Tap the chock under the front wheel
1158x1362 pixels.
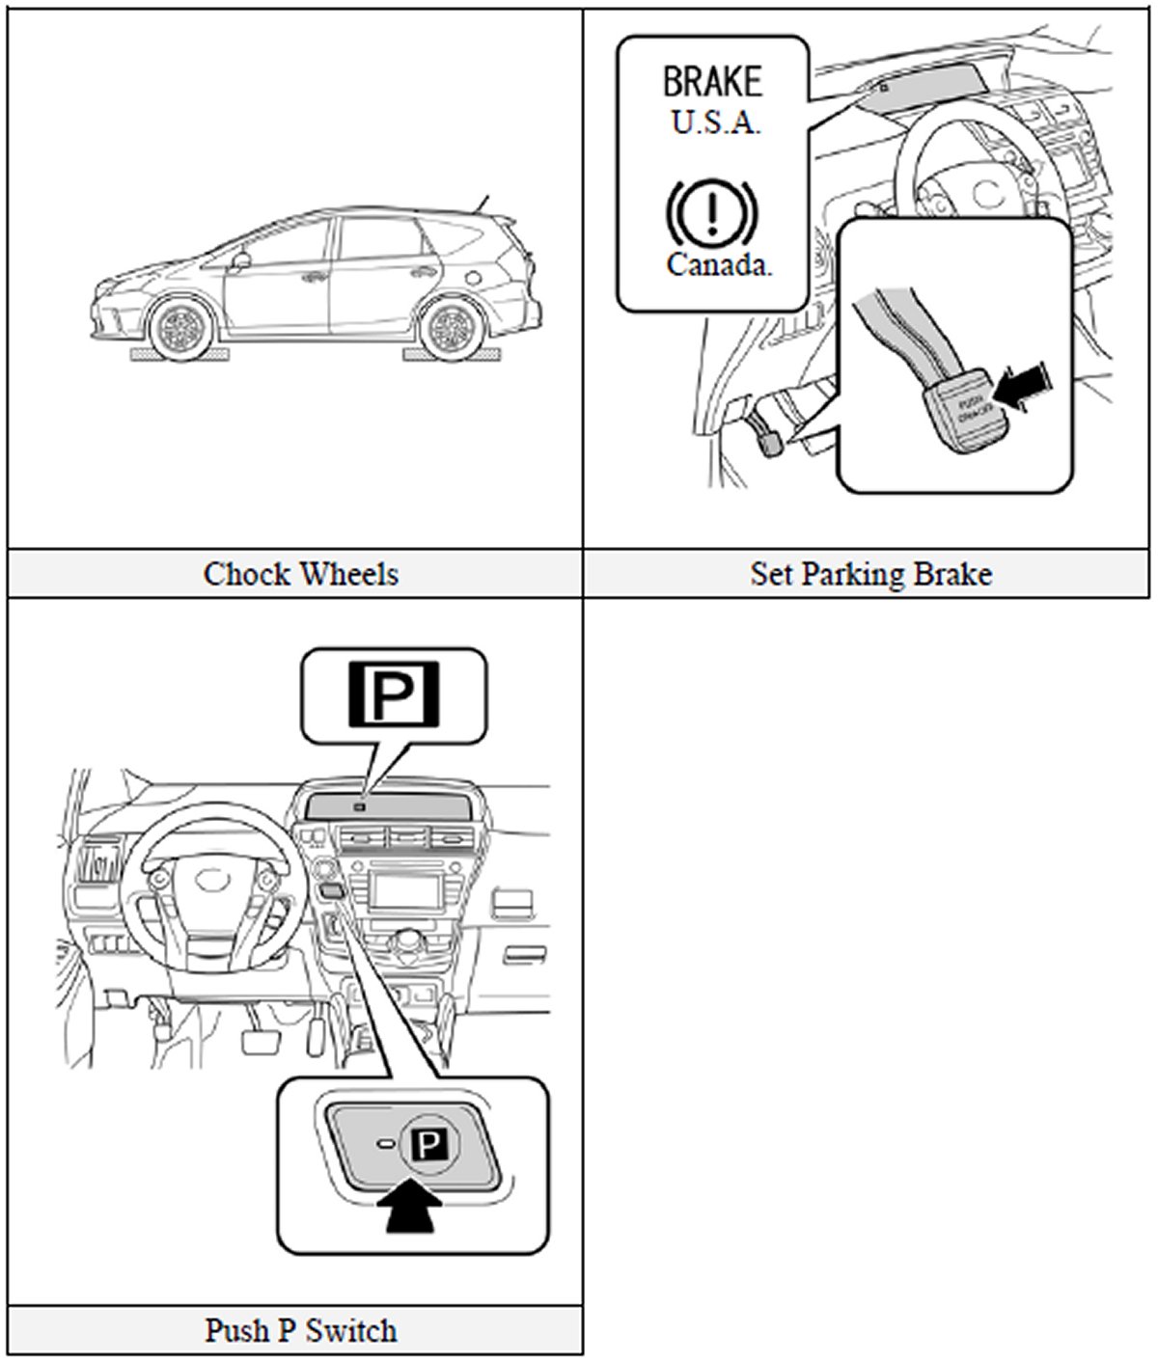coord(180,356)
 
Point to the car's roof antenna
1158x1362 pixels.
coord(482,204)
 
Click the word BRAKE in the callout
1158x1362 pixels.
coord(712,82)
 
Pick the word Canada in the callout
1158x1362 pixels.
coord(719,264)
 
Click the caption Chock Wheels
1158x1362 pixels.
coord(300,575)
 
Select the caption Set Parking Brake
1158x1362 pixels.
coord(870,575)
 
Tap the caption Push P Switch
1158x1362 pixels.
coord(300,1331)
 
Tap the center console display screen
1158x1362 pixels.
coord(406,887)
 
